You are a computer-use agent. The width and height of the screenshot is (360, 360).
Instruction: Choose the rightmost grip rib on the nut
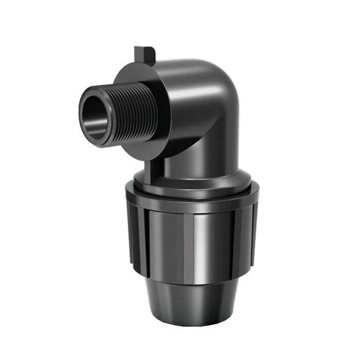click(252, 231)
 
